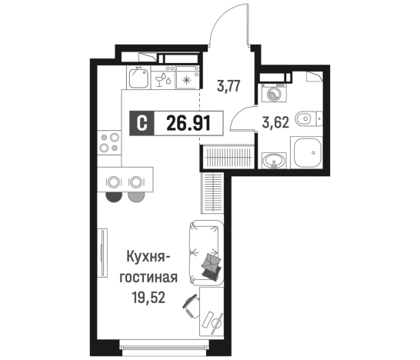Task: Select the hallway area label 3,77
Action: [228, 86]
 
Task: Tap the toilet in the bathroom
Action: [307, 118]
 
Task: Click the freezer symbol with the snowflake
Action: [188, 78]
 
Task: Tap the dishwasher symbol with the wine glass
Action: [163, 78]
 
